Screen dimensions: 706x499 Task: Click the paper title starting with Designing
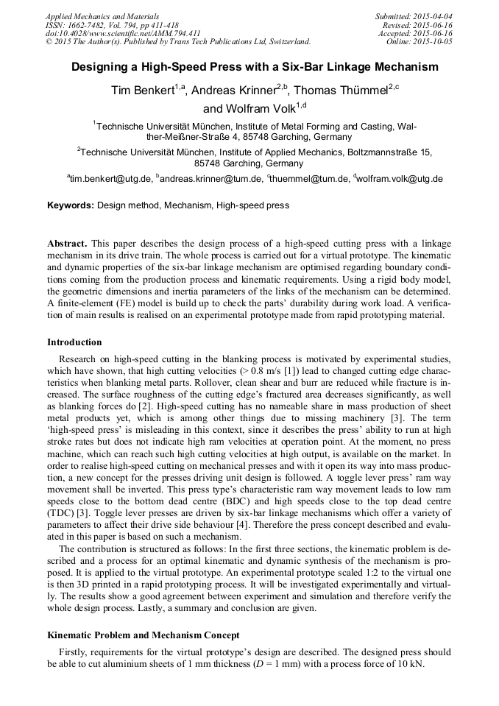255,67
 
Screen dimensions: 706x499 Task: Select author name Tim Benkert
142,91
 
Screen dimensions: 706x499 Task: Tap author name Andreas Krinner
233,91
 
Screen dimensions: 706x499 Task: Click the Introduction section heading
74,342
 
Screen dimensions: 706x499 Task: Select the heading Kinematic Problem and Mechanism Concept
144,635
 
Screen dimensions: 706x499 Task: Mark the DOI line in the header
123,33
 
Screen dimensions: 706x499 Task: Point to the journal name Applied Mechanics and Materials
102,15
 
